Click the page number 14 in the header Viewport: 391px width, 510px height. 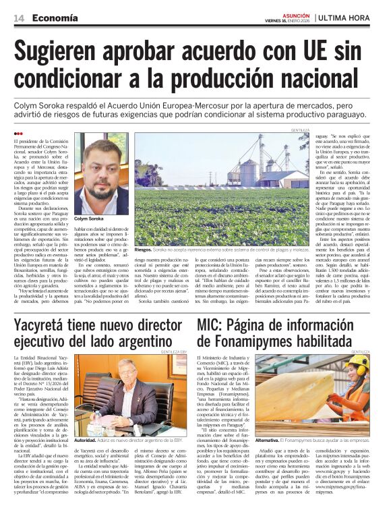coord(18,18)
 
